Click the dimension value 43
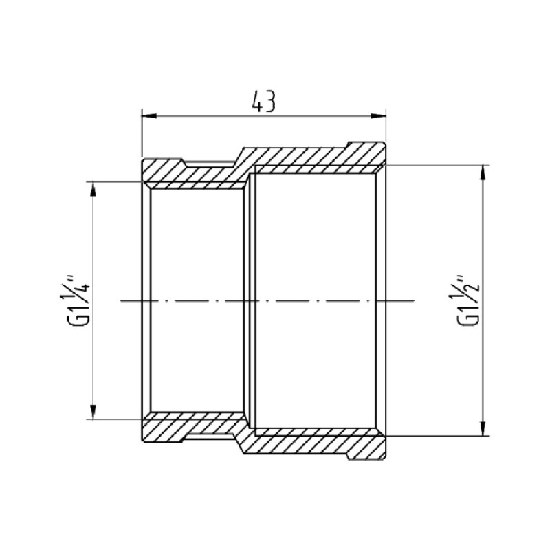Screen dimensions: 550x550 pyautogui.click(x=263, y=102)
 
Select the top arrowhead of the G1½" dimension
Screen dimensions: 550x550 pyautogui.click(x=485, y=170)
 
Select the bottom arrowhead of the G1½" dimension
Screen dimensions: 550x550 pyautogui.click(x=485, y=431)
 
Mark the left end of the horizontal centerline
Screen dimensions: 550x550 pyautogui.click(x=121, y=300)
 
